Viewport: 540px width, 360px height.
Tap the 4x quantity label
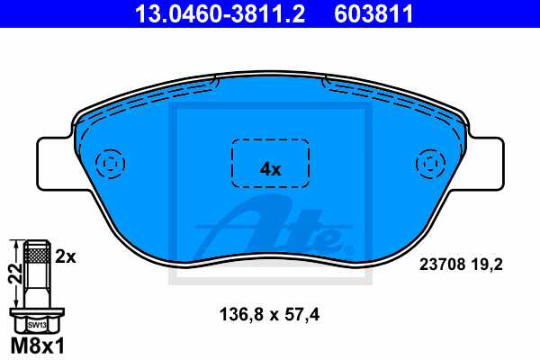pyautogui.click(x=270, y=168)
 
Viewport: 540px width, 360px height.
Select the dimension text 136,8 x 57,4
pyautogui.click(x=270, y=315)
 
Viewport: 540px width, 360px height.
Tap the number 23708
pyautogui.click(x=442, y=265)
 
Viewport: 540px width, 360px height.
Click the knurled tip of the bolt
pyautogui.click(x=36, y=256)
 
